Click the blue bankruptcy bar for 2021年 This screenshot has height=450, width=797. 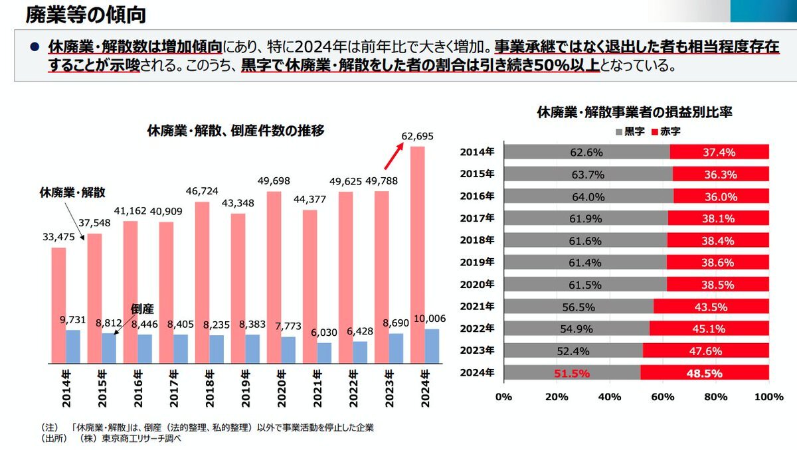pyautogui.click(x=324, y=353)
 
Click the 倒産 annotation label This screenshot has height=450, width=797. pyautogui.click(x=142, y=309)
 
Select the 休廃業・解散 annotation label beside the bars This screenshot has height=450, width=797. pyautogui.click(x=72, y=192)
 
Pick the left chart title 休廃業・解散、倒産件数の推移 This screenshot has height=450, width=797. pyautogui.click(x=236, y=131)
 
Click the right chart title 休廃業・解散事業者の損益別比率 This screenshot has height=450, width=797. pyautogui.click(x=634, y=112)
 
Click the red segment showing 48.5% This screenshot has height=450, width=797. pyautogui.click(x=705, y=373)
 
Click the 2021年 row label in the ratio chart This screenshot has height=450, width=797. pyautogui.click(x=477, y=306)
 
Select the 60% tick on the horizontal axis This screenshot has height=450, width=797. pyautogui.click(x=662, y=397)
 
